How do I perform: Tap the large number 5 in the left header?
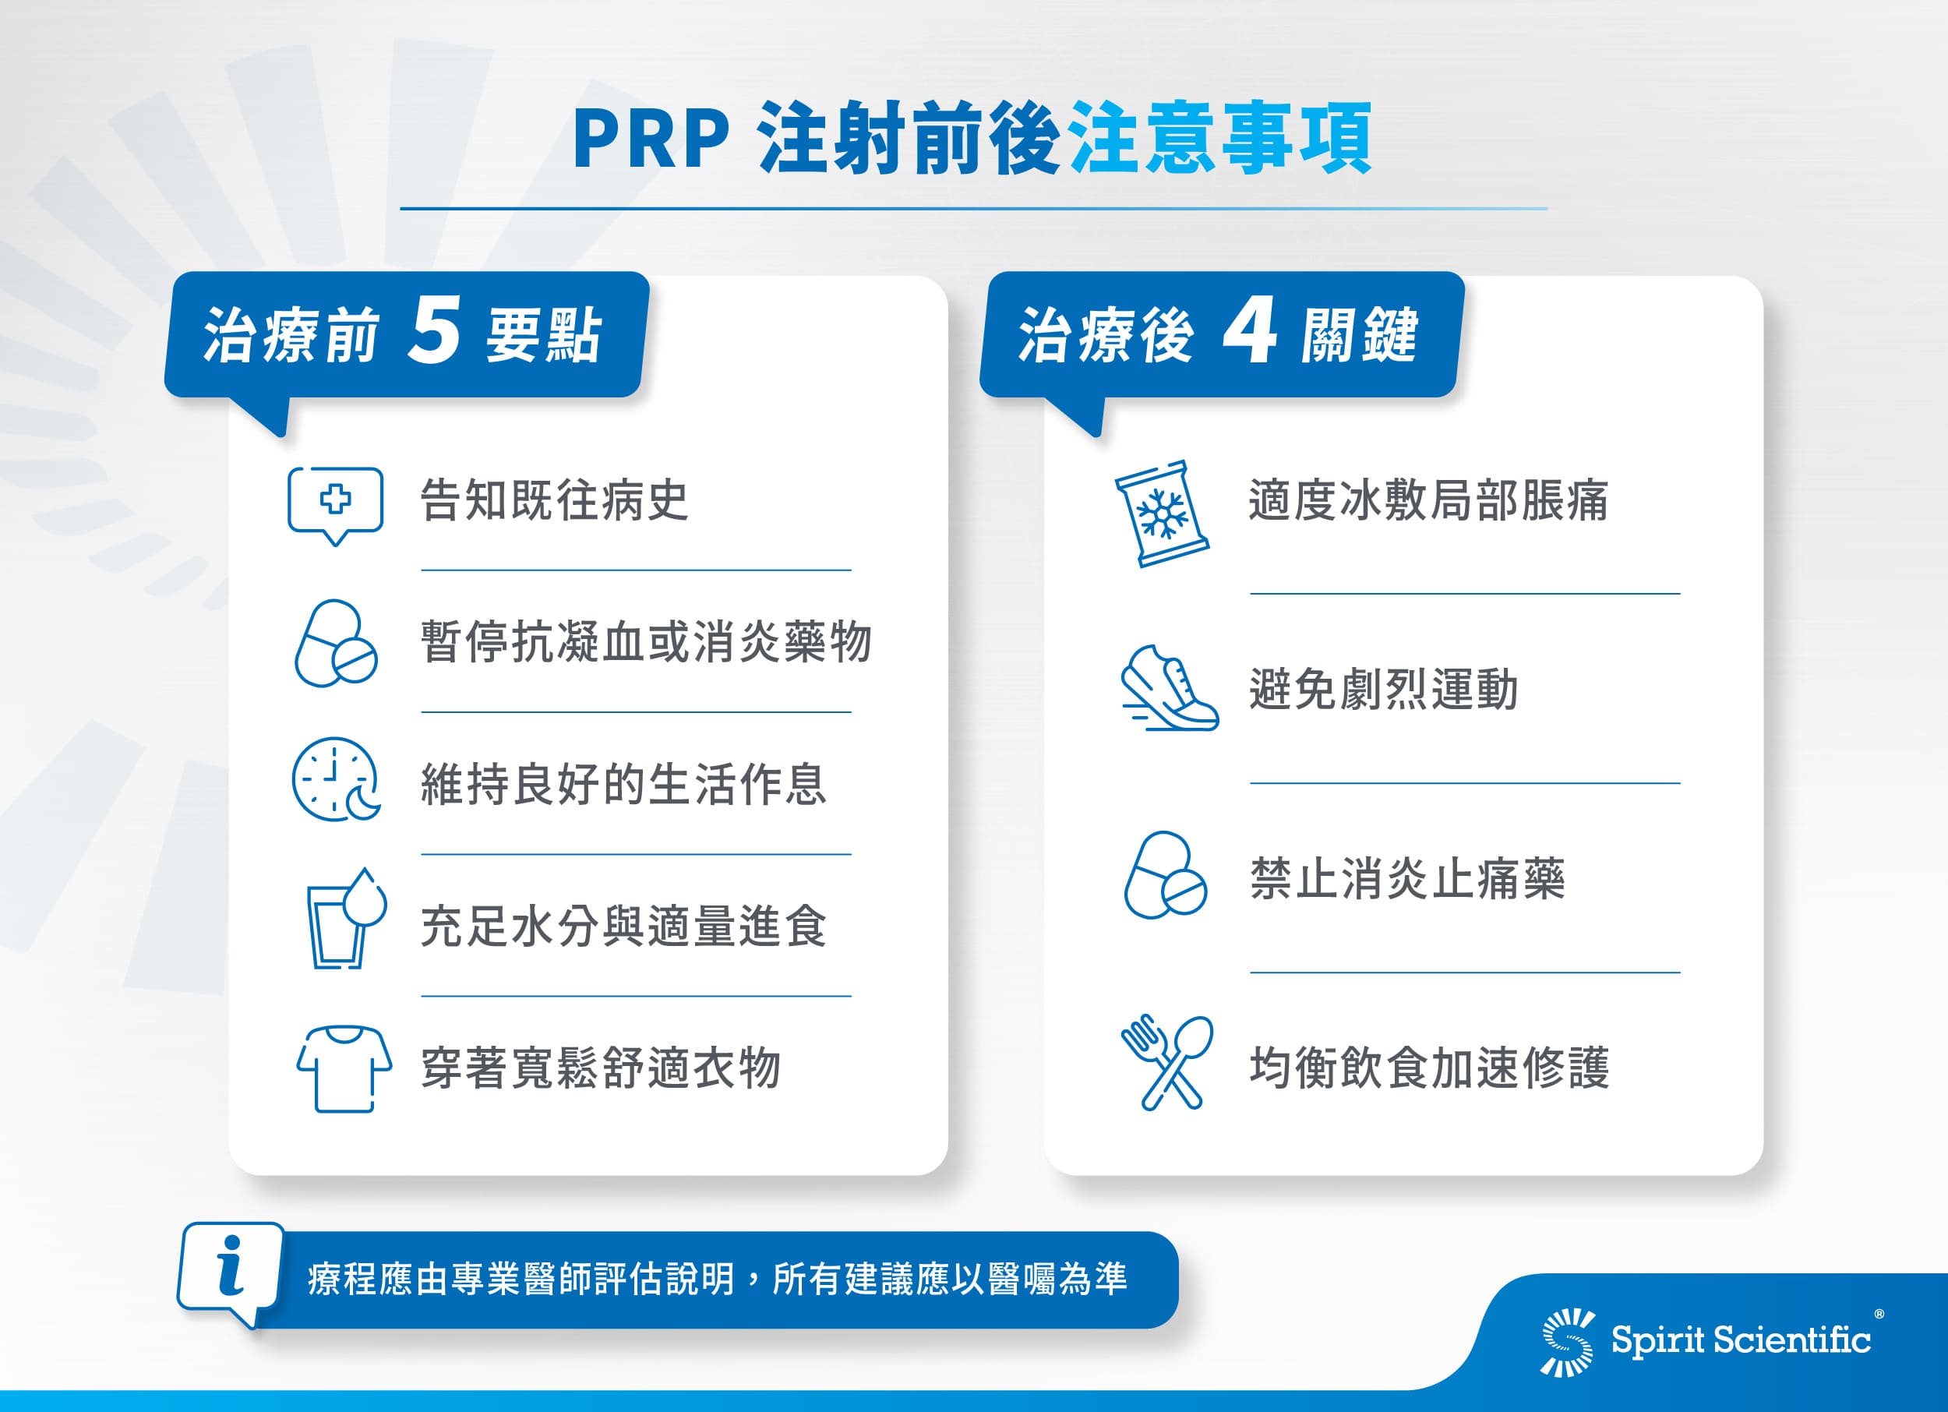coord(435,330)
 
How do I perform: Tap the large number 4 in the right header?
coord(1250,330)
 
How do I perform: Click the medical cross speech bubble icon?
coord(335,506)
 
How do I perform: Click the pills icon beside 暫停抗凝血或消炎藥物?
coord(336,644)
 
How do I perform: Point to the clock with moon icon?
coord(336,779)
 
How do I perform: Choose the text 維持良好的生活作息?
coord(623,784)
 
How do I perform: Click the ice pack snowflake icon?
coord(1162,513)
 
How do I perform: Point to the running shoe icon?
coord(1169,688)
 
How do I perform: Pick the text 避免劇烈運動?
coord(1384,689)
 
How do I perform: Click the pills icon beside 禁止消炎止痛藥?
coord(1166,875)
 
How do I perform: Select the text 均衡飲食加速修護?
coord(1429,1068)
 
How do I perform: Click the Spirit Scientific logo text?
coord(1740,1340)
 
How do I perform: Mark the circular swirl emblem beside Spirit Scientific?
coord(1569,1342)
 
